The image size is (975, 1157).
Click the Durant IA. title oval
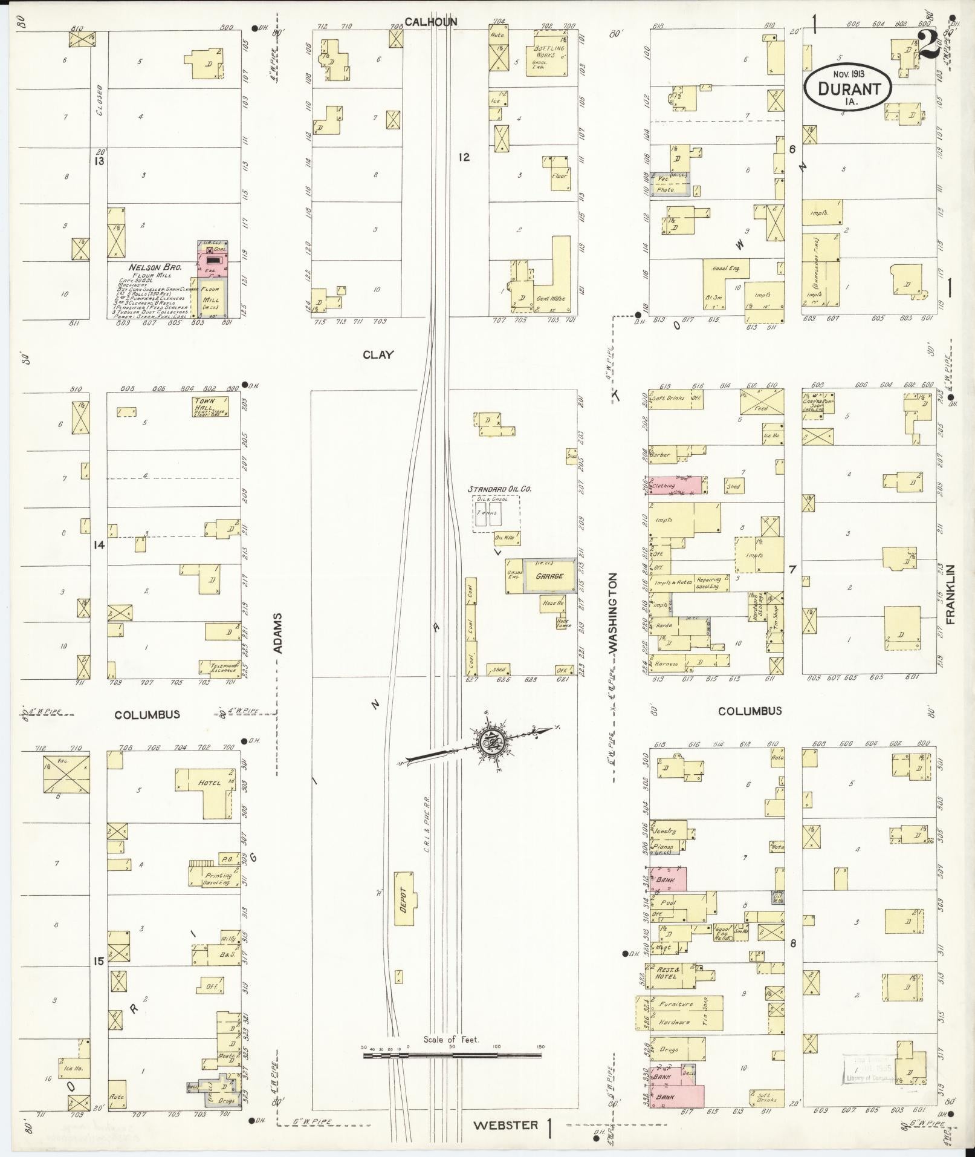pos(848,88)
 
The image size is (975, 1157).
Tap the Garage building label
pos(549,576)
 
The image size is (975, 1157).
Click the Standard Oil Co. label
pos(499,489)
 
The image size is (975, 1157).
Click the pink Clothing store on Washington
pos(675,485)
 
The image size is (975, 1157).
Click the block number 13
pos(99,161)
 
